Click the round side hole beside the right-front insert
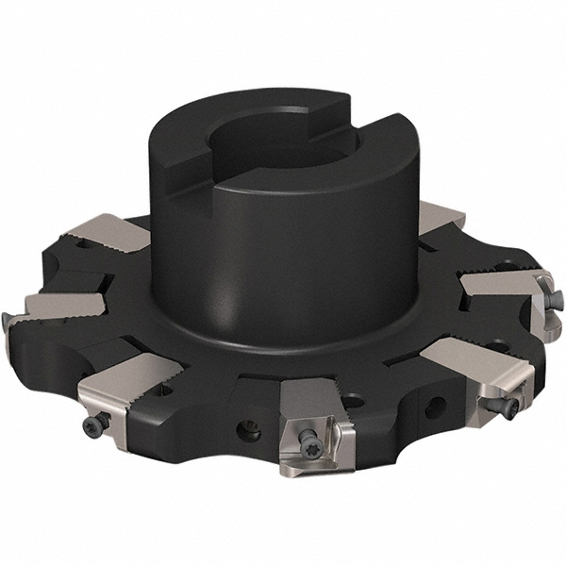tap(435, 408)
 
